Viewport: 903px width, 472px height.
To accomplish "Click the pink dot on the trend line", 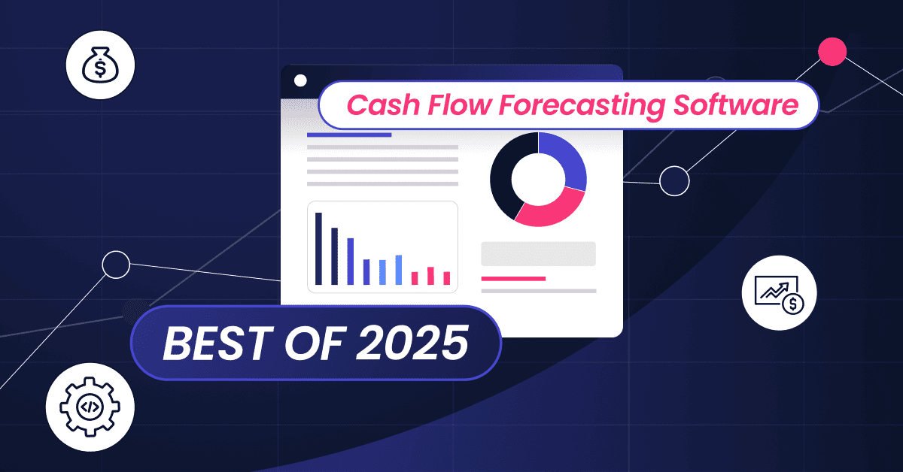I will coord(832,51).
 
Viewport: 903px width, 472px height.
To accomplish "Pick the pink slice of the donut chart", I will coord(551,208).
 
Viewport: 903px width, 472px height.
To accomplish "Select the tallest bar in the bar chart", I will coord(318,249).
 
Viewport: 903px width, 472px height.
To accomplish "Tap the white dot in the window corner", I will coord(300,80).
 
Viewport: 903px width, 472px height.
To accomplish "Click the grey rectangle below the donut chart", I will coord(538,253).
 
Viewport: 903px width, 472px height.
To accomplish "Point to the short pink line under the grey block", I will coord(513,279).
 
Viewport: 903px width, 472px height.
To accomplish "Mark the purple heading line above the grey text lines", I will coord(349,135).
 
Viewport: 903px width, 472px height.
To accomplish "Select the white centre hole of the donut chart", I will coord(537,179).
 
